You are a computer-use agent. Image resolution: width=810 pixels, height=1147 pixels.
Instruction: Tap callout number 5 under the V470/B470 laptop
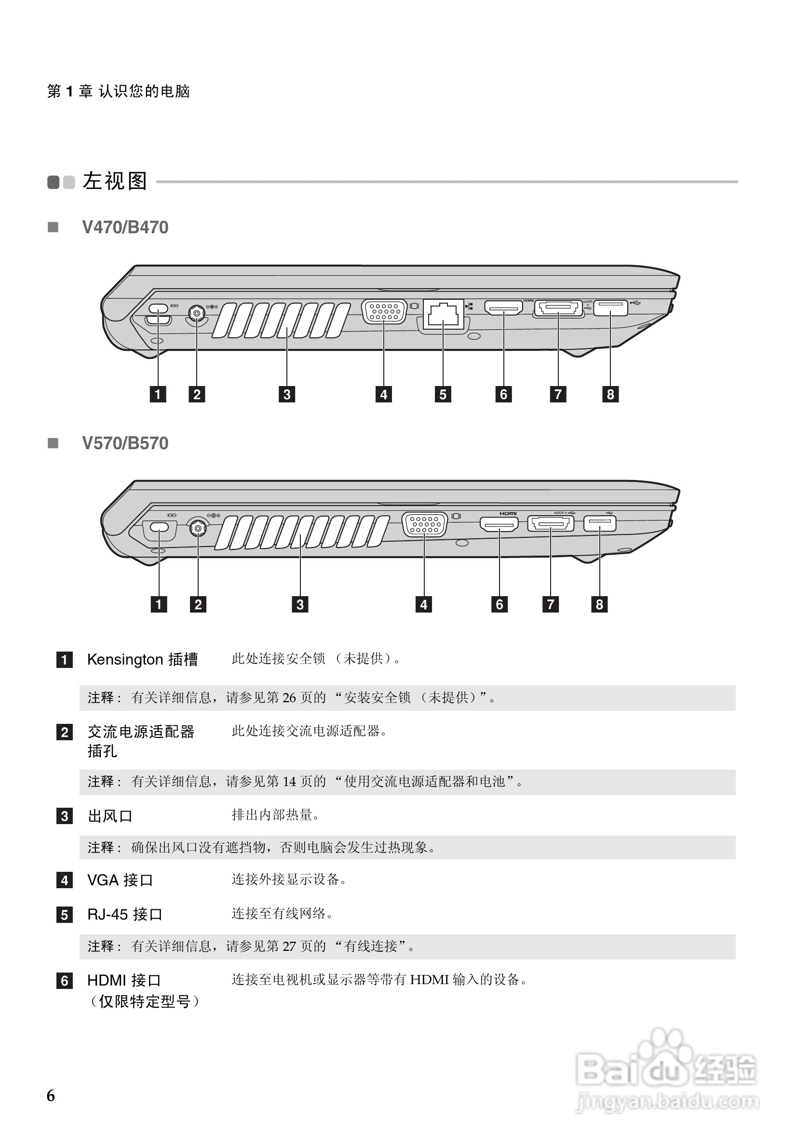443,394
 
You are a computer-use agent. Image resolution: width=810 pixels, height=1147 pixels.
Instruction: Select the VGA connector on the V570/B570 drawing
424,524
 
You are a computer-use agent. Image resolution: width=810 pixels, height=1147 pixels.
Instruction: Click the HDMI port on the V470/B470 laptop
503,307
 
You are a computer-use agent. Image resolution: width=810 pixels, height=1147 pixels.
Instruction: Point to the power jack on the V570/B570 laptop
198,528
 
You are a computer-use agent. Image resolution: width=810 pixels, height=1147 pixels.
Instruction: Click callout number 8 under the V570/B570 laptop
600,604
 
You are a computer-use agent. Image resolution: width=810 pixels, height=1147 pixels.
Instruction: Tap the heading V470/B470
125,227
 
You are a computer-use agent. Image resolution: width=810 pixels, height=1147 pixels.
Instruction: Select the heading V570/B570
125,443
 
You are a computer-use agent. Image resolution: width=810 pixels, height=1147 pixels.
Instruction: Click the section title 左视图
115,181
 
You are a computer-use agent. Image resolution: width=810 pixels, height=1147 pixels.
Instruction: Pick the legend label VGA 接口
120,880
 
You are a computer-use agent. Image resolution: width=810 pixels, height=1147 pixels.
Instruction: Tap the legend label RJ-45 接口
125,914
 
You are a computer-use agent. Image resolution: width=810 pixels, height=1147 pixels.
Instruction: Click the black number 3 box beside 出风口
65,816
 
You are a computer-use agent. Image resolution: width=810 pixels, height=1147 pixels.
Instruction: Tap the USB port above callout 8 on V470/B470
610,307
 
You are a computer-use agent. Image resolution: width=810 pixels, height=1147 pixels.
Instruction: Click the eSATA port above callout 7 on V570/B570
551,523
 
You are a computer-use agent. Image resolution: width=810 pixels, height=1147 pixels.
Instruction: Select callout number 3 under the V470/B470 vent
287,394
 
